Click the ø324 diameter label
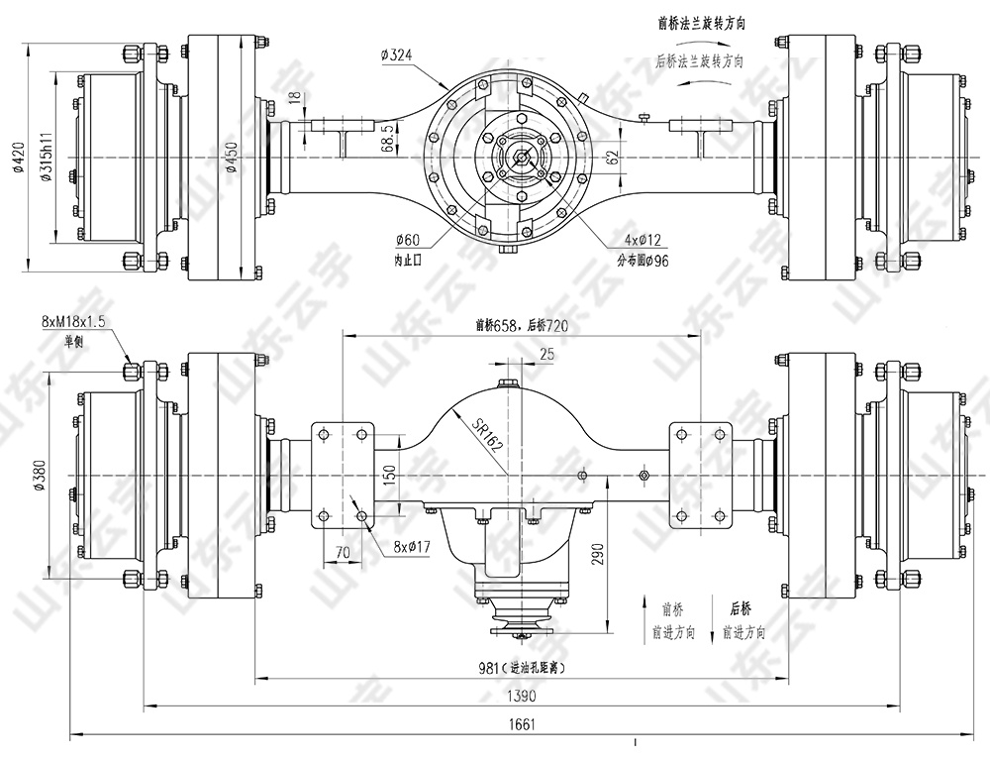396,54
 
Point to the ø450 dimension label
232,158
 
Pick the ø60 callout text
407,241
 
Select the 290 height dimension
597,552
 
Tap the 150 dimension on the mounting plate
388,475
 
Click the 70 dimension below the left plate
343,551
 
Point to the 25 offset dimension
546,354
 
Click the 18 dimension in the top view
294,97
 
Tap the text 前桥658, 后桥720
521,324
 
